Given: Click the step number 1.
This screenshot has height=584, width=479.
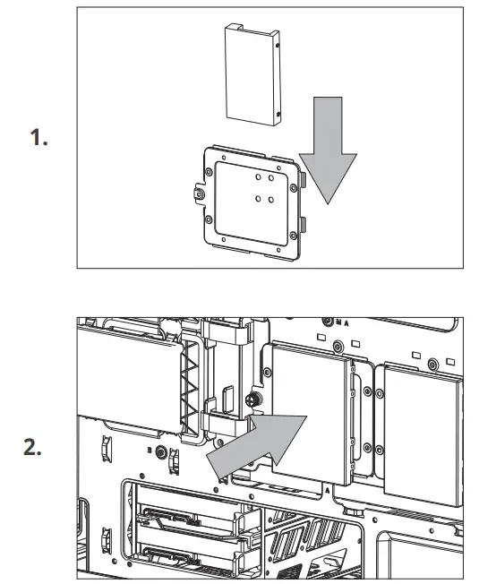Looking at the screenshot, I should tap(38, 139).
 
